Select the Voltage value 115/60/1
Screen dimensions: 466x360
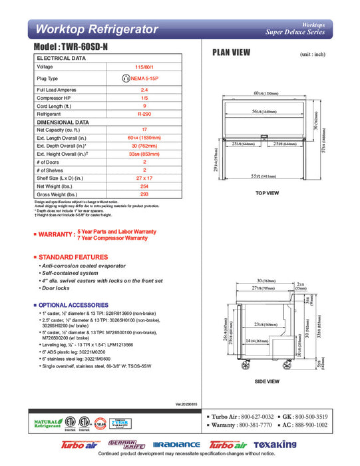click(x=144, y=67)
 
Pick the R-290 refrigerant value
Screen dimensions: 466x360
click(x=144, y=114)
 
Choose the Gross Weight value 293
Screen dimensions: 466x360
click(x=144, y=194)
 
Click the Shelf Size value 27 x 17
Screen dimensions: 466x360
click(x=144, y=178)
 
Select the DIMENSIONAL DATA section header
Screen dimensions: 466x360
click(x=63, y=122)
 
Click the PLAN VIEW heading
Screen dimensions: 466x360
click(x=231, y=53)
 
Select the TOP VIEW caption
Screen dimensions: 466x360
click(x=267, y=193)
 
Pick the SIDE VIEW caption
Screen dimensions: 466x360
click(x=267, y=381)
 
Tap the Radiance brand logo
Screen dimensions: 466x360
click(x=176, y=445)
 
